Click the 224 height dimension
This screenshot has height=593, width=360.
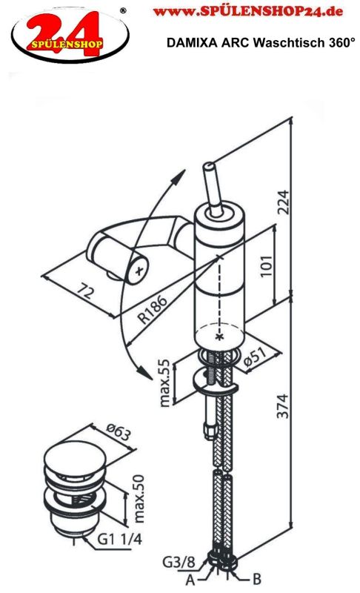coord(283,202)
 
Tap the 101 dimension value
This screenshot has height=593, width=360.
coord(267,266)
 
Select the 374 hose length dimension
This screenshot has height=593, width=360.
coord(282,406)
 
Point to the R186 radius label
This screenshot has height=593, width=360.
coord(153,309)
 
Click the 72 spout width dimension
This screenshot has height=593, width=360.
coord(85,292)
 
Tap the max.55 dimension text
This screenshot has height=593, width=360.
coord(164,382)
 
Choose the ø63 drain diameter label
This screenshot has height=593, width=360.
coord(119,432)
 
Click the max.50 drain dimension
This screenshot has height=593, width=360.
coord(139,499)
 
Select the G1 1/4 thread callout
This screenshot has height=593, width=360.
coord(120,540)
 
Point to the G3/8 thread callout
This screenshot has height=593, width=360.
coord(179,563)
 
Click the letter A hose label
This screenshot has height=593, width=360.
coord(190,579)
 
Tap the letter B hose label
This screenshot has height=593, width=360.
coord(256,579)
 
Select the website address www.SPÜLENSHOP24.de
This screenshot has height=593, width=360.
coord(248,11)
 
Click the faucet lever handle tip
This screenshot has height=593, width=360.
coord(209,166)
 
